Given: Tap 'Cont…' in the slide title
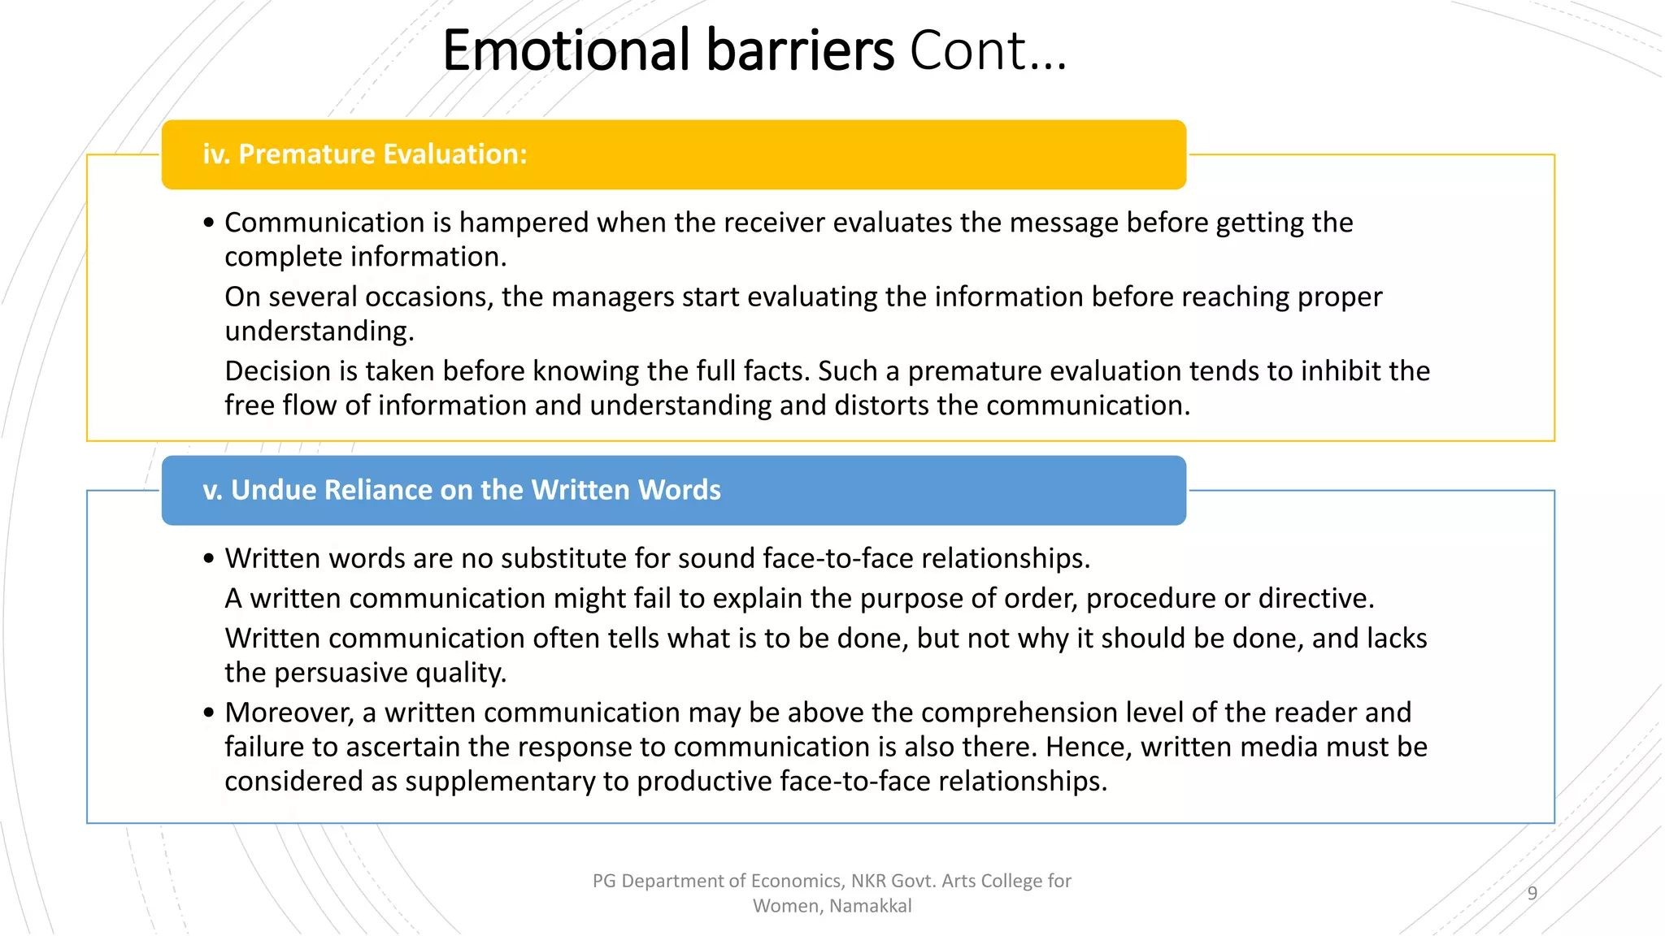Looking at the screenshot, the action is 987,50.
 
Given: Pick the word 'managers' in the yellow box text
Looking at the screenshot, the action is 612,297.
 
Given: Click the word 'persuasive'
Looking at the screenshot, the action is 341,674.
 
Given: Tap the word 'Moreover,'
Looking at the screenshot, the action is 289,713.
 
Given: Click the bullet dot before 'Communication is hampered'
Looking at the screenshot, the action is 209,223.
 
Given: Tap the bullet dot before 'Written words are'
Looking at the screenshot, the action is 209,559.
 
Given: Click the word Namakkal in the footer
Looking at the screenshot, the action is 871,906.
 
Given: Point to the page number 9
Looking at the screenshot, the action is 1532,894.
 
